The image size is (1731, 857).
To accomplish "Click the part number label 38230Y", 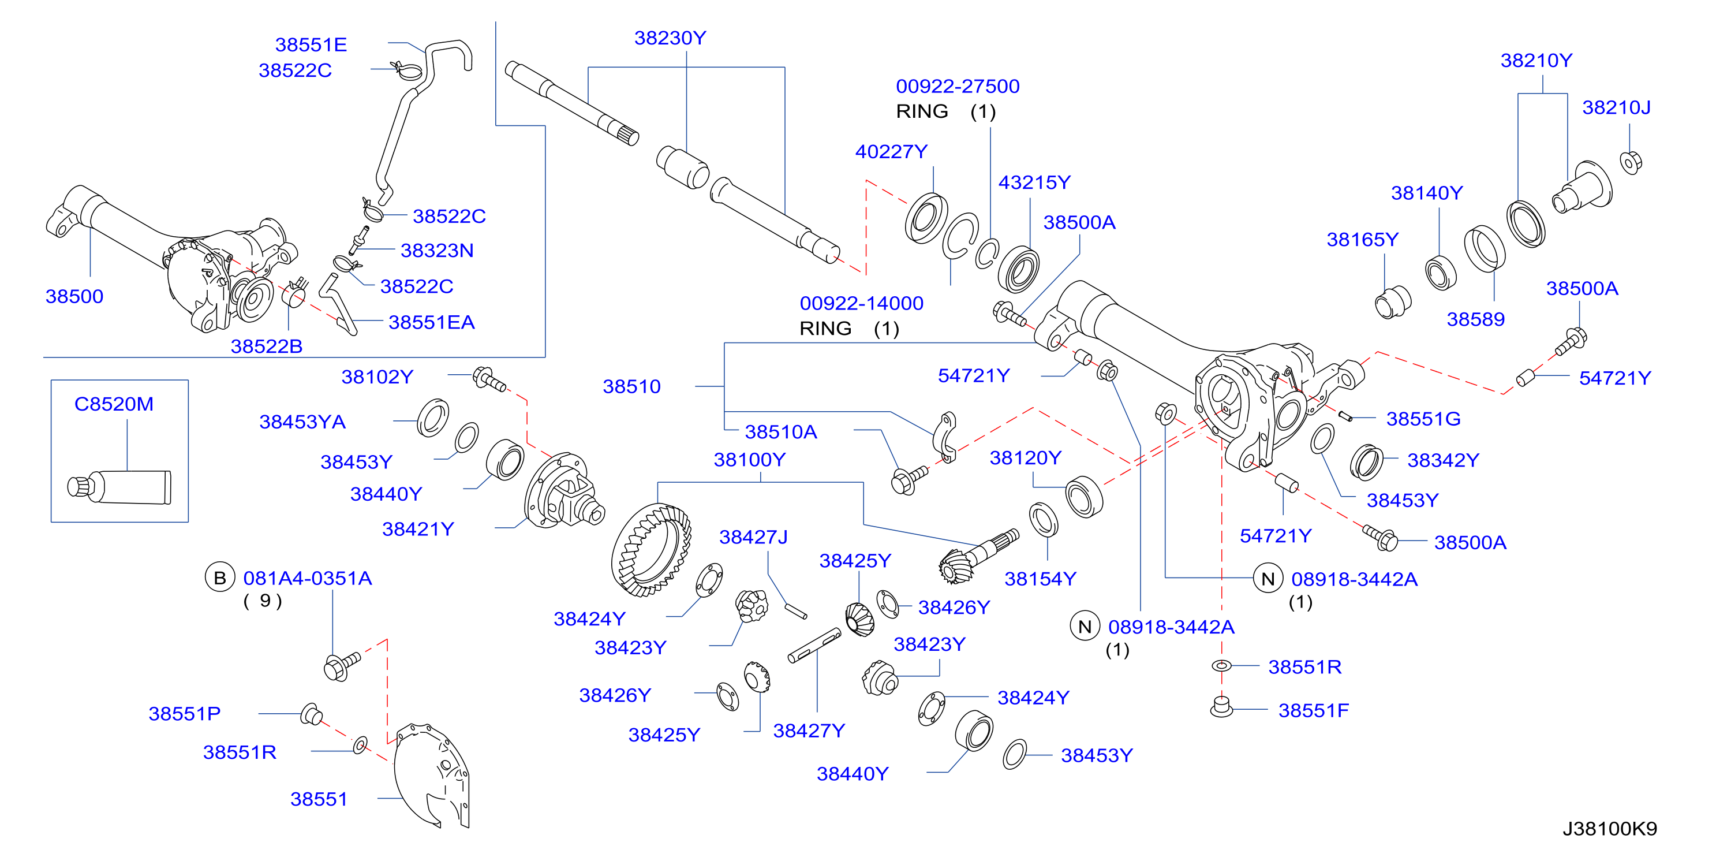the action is point(670,38).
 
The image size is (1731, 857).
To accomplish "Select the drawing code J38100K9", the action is point(1609,828).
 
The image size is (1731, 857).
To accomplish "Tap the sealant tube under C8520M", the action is point(119,486).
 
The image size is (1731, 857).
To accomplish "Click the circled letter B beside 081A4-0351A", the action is point(220,577).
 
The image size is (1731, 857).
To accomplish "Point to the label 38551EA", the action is point(431,322).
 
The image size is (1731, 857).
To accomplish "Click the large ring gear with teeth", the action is point(650,550).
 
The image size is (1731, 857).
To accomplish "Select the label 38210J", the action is point(1616,107).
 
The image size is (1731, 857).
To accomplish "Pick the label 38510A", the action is point(781,431).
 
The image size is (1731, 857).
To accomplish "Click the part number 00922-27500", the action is point(958,86).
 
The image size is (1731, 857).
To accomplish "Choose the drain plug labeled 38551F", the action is point(1222,706).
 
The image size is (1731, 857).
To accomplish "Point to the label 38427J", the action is point(753,537).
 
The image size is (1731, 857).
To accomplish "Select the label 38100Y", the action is point(749,460).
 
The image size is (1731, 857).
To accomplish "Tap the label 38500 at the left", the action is point(74,296).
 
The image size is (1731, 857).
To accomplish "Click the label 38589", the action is point(1476,319).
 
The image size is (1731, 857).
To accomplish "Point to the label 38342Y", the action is point(1444,460).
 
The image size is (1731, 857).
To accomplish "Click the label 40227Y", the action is point(891,152).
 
